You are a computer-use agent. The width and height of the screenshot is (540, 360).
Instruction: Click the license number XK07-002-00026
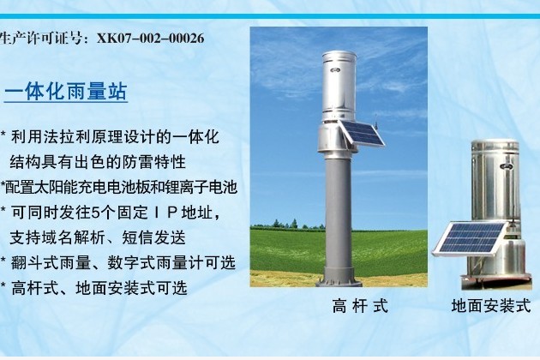click(x=151, y=38)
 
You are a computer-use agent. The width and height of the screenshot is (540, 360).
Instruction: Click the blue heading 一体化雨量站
click(x=66, y=92)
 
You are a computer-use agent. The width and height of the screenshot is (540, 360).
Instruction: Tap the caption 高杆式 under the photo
click(x=360, y=306)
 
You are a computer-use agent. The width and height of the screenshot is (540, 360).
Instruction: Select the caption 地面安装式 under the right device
click(x=491, y=306)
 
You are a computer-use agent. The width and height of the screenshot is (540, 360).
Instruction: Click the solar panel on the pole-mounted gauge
click(x=363, y=133)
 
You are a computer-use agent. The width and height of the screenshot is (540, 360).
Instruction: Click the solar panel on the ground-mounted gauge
click(x=470, y=239)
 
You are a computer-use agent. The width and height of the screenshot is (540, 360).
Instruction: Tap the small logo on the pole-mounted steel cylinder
click(x=335, y=70)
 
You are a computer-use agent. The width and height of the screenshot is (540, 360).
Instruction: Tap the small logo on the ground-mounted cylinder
click(x=507, y=166)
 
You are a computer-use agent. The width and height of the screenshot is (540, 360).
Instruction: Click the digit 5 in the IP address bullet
click(x=96, y=213)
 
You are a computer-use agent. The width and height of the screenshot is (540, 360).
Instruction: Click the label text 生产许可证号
click(x=40, y=38)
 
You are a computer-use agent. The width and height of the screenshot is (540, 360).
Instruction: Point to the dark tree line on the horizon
click(x=287, y=225)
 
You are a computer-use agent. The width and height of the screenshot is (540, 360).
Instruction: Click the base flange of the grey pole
click(x=339, y=278)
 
